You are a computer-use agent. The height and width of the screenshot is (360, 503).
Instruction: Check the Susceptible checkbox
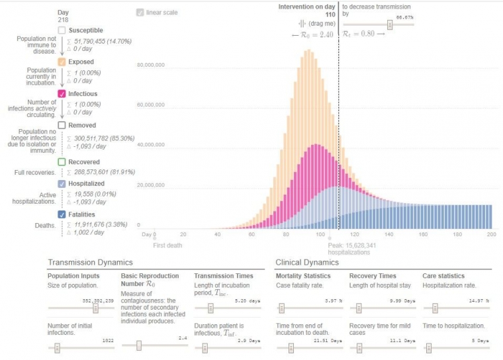tap(62, 30)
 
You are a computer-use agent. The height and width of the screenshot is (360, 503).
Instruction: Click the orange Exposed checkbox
tap(62, 62)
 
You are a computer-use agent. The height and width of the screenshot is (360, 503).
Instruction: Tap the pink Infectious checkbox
tap(62, 94)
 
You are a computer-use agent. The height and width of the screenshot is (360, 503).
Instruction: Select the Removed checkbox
tap(62, 125)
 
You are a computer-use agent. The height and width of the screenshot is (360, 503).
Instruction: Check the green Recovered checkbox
tap(62, 161)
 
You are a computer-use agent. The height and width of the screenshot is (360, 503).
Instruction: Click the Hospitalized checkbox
tap(62, 183)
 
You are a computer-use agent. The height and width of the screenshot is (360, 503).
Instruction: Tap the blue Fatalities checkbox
tap(62, 214)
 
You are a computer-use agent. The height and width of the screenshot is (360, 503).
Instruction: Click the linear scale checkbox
tap(139, 13)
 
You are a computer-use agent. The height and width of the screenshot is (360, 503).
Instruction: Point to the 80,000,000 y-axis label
tap(151, 66)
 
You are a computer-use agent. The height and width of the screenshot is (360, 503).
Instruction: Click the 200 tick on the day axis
tap(491, 234)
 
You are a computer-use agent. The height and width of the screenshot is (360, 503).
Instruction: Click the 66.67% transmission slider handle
tap(390, 24)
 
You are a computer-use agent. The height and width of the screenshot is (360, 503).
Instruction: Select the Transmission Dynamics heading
tap(90, 263)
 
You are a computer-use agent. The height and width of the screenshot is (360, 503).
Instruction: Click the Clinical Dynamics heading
tap(306, 263)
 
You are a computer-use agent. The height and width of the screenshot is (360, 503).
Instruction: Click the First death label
tap(167, 245)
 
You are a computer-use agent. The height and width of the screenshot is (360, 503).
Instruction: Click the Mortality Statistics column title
tap(302, 276)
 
